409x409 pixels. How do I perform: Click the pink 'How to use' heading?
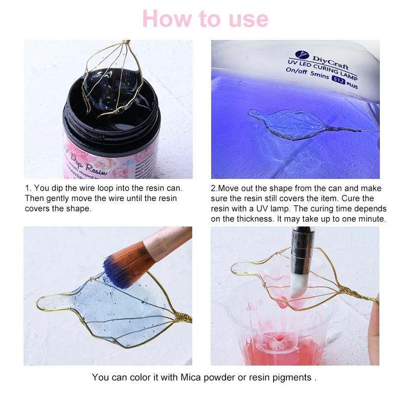point(205,19)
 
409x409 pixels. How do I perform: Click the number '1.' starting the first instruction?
point(28,188)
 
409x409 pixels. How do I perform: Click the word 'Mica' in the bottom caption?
point(188,377)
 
